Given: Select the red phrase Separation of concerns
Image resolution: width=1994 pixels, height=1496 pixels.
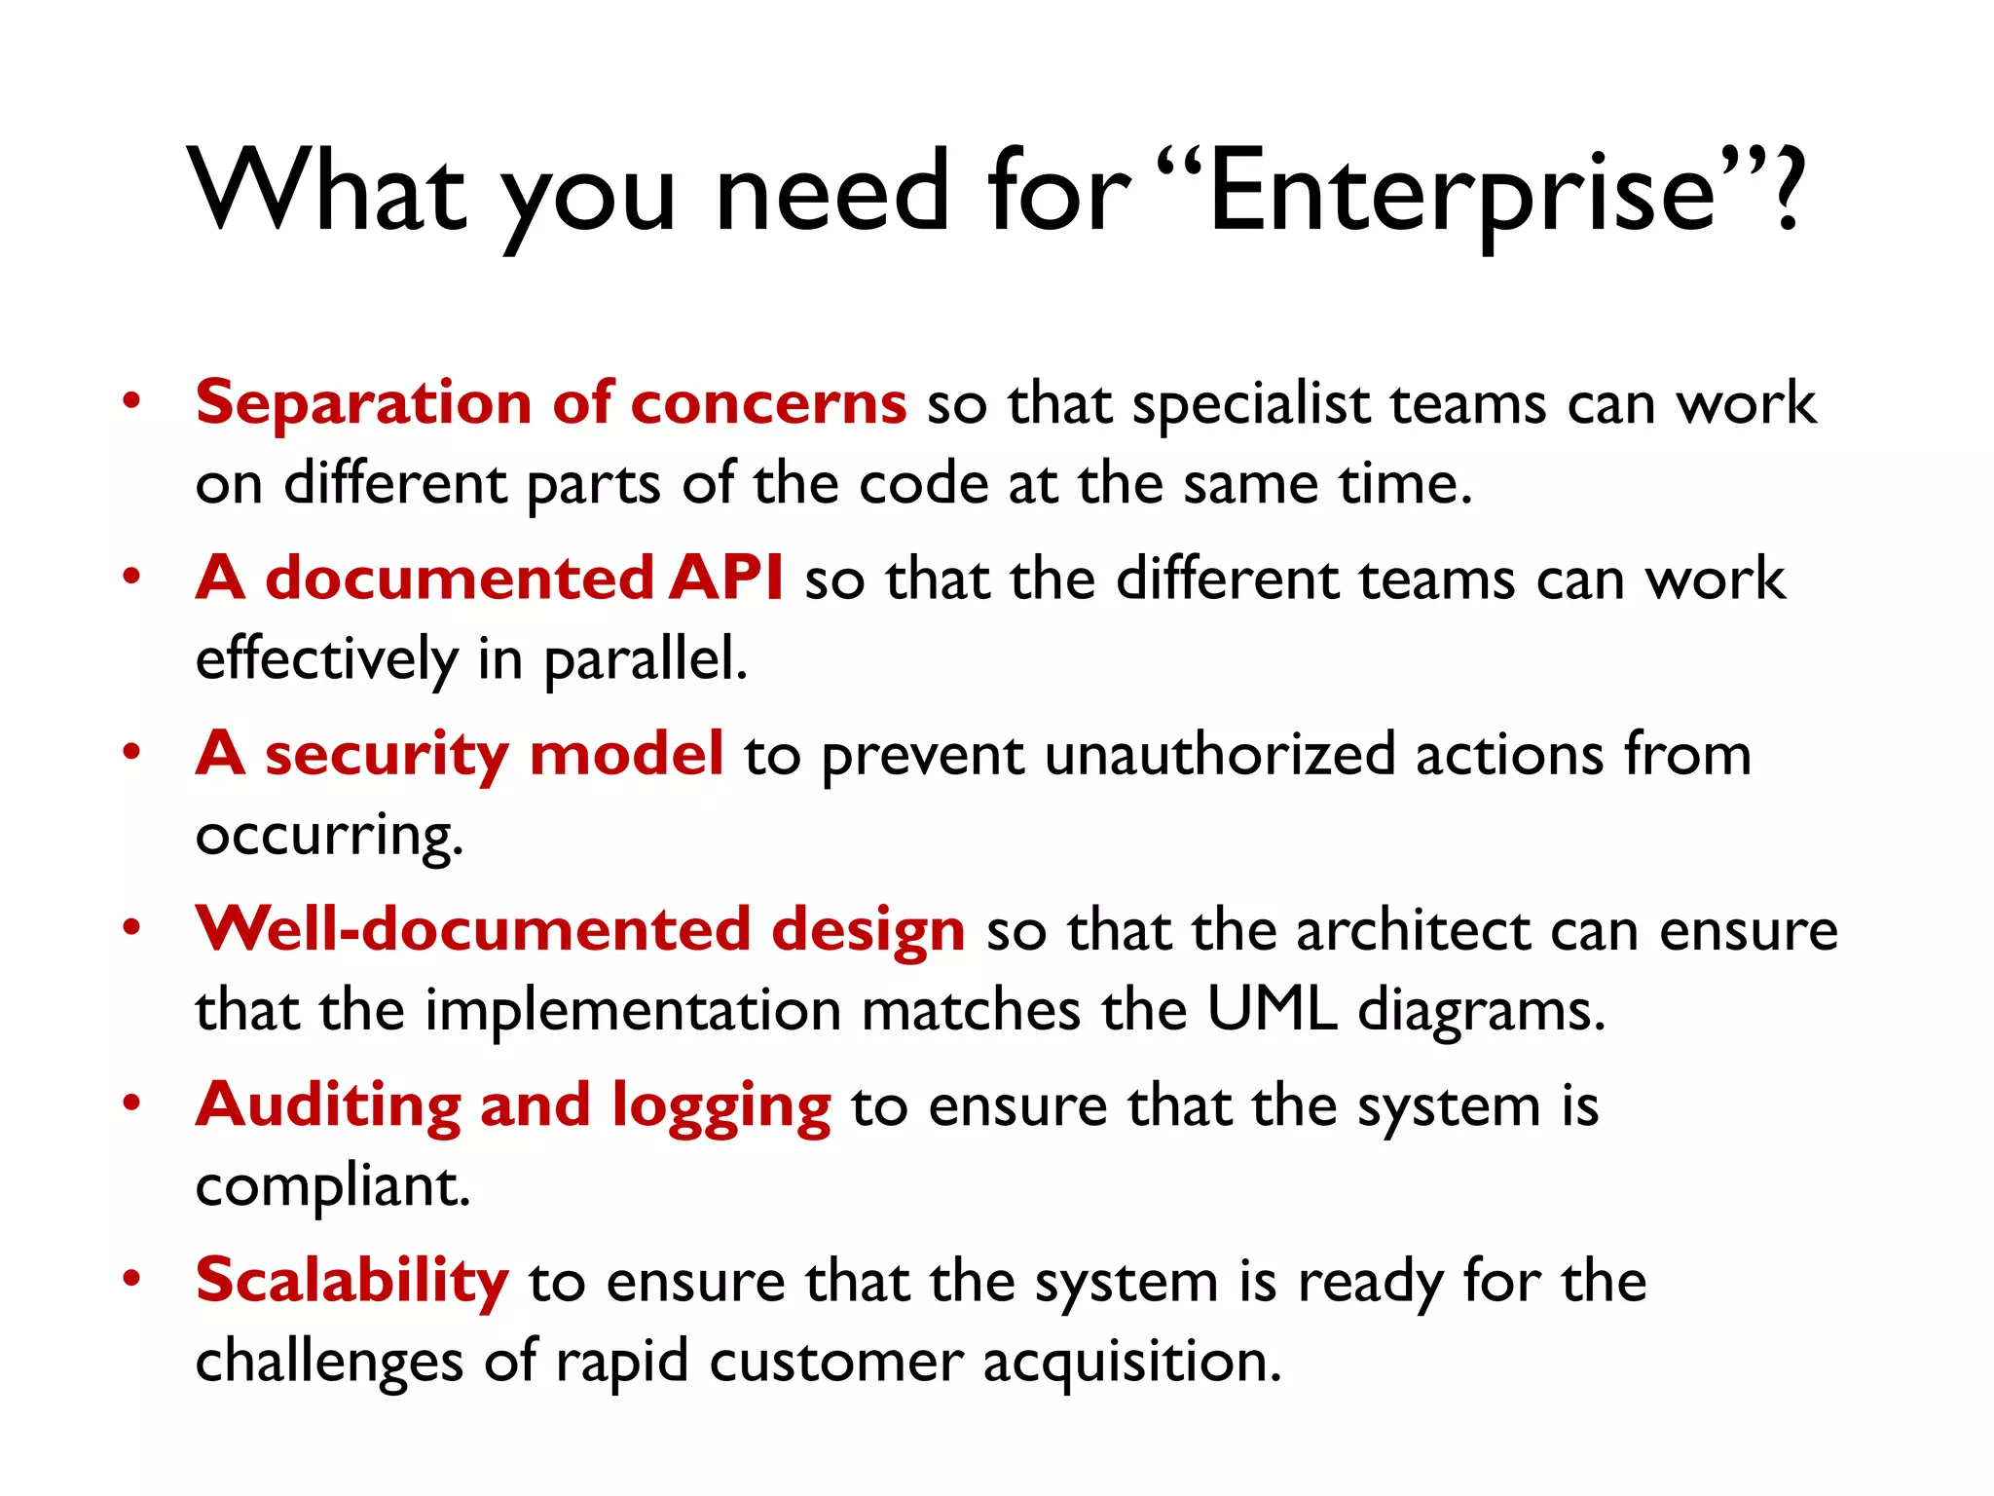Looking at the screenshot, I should [551, 403].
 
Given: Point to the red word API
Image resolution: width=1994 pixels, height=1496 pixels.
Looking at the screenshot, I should [726, 579].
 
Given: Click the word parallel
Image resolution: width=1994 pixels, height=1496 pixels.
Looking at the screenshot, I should [645, 660].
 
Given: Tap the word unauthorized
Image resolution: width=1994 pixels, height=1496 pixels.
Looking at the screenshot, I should [1219, 756].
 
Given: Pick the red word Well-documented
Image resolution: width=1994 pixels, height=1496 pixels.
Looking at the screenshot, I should [473, 930].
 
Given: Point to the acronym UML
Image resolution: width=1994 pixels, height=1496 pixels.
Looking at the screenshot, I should [1272, 1010].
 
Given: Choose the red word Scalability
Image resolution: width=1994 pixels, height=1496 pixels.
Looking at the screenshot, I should [351, 1282].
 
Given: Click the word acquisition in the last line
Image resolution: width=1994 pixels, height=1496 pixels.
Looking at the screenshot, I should [1131, 1363].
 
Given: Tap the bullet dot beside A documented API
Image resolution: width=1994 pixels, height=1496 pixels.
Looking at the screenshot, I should [132, 576].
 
